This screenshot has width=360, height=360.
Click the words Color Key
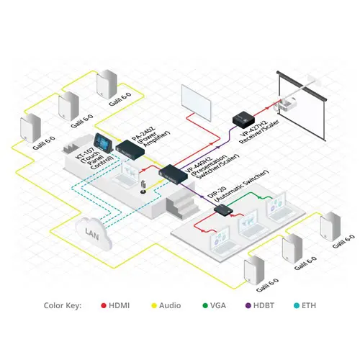pyautogui.click(x=63, y=305)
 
